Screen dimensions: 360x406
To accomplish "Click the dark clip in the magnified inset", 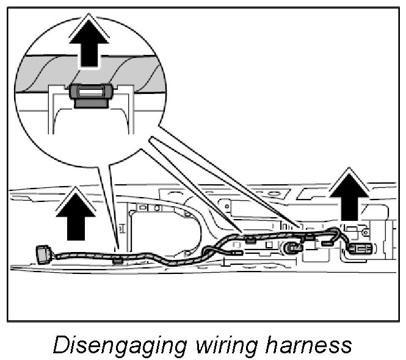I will [x=91, y=95].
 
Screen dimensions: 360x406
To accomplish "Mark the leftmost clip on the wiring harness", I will [x=117, y=261].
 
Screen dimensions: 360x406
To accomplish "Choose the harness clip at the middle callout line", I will [x=250, y=239].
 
